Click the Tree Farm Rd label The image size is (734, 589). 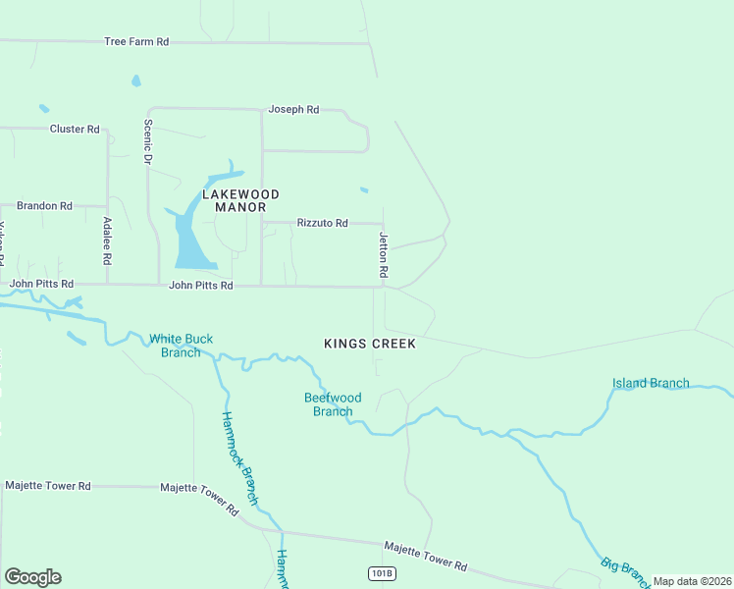pos(136,42)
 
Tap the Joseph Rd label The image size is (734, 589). pos(293,110)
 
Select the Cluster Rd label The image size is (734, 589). pos(75,129)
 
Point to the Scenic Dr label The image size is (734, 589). pos(149,141)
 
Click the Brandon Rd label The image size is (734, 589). pos(44,206)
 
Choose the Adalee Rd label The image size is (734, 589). pos(107,241)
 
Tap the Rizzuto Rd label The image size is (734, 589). pos(322,223)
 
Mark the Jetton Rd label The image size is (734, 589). pos(385,252)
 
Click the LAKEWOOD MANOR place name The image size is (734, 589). pos(240,200)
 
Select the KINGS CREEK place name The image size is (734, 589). pos(370,344)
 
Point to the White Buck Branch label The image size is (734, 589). pos(181,346)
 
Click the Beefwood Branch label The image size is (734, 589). pos(333,404)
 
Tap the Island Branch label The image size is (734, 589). pos(650,383)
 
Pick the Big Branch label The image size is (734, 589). pos(624,569)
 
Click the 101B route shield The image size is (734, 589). pos(381,573)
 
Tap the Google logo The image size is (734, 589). pos(32,577)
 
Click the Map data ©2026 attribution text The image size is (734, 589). pos(692,581)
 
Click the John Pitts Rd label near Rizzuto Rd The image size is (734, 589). pos(200,286)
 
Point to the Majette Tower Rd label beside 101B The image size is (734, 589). pos(425,556)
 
